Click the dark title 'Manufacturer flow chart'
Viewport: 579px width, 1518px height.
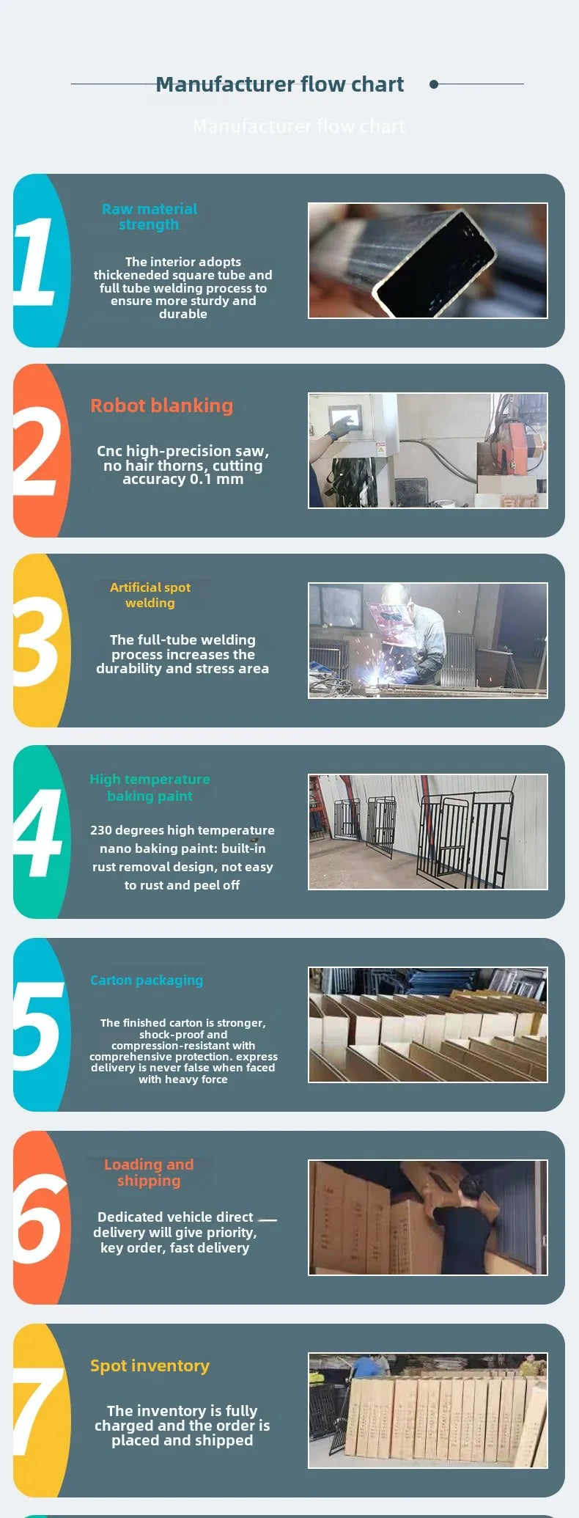(279, 85)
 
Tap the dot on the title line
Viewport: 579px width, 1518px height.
(434, 84)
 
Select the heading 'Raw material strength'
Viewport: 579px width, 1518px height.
(150, 217)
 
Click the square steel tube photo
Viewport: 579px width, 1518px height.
(427, 260)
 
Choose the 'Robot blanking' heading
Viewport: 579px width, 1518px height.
(161, 406)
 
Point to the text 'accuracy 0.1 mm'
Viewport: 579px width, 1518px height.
(182, 480)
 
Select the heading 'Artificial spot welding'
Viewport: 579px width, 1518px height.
(150, 595)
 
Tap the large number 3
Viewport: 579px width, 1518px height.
(37, 642)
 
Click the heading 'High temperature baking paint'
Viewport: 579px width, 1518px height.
(150, 788)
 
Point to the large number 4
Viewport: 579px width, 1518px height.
(38, 833)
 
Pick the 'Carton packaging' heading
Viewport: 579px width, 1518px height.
(147, 980)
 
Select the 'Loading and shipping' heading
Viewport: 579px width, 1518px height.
(149, 1173)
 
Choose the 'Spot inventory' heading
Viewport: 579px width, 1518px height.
(150, 1365)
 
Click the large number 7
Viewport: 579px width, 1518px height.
(38, 1411)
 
